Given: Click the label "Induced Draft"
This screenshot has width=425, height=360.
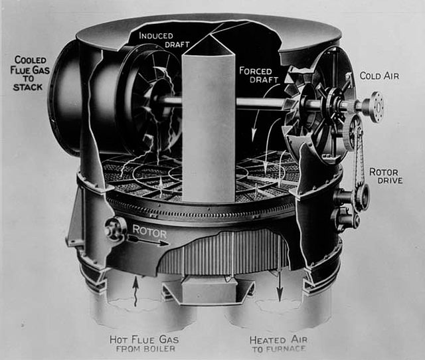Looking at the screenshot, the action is coord(164,40).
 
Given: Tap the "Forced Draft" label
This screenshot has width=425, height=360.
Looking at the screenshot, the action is coord(258,75).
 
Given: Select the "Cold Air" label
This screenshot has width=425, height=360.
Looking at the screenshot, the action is coord(379,76).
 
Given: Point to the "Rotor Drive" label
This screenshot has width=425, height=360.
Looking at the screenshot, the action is coord(386,176).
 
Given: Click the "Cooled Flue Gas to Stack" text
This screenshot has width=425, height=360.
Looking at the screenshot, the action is coord(30,74).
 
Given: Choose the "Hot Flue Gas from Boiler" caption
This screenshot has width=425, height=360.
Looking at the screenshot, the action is coord(144,344).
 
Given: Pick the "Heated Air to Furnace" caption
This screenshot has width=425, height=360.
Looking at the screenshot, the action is coord(279,344).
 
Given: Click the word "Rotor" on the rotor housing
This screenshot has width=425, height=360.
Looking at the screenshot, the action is coord(149,232).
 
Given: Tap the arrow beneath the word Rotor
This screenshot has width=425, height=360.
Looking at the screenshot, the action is coord(149,241).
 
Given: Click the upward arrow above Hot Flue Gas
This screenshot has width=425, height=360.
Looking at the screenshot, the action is coord(135,292).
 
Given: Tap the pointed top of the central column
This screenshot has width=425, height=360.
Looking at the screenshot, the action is coord(211,35).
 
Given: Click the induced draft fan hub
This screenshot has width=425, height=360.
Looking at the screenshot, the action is coord(156,101).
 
